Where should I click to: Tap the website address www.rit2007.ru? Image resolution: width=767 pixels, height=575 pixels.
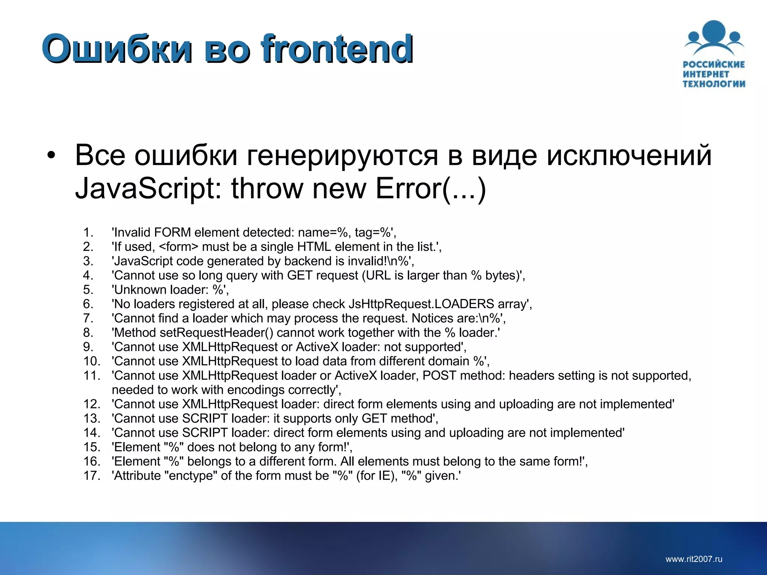[x=694, y=559]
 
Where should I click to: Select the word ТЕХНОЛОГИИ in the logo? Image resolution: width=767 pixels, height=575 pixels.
[x=714, y=84]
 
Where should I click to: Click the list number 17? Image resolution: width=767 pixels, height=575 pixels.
[x=92, y=476]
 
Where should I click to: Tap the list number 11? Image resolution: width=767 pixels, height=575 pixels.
[x=92, y=375]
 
